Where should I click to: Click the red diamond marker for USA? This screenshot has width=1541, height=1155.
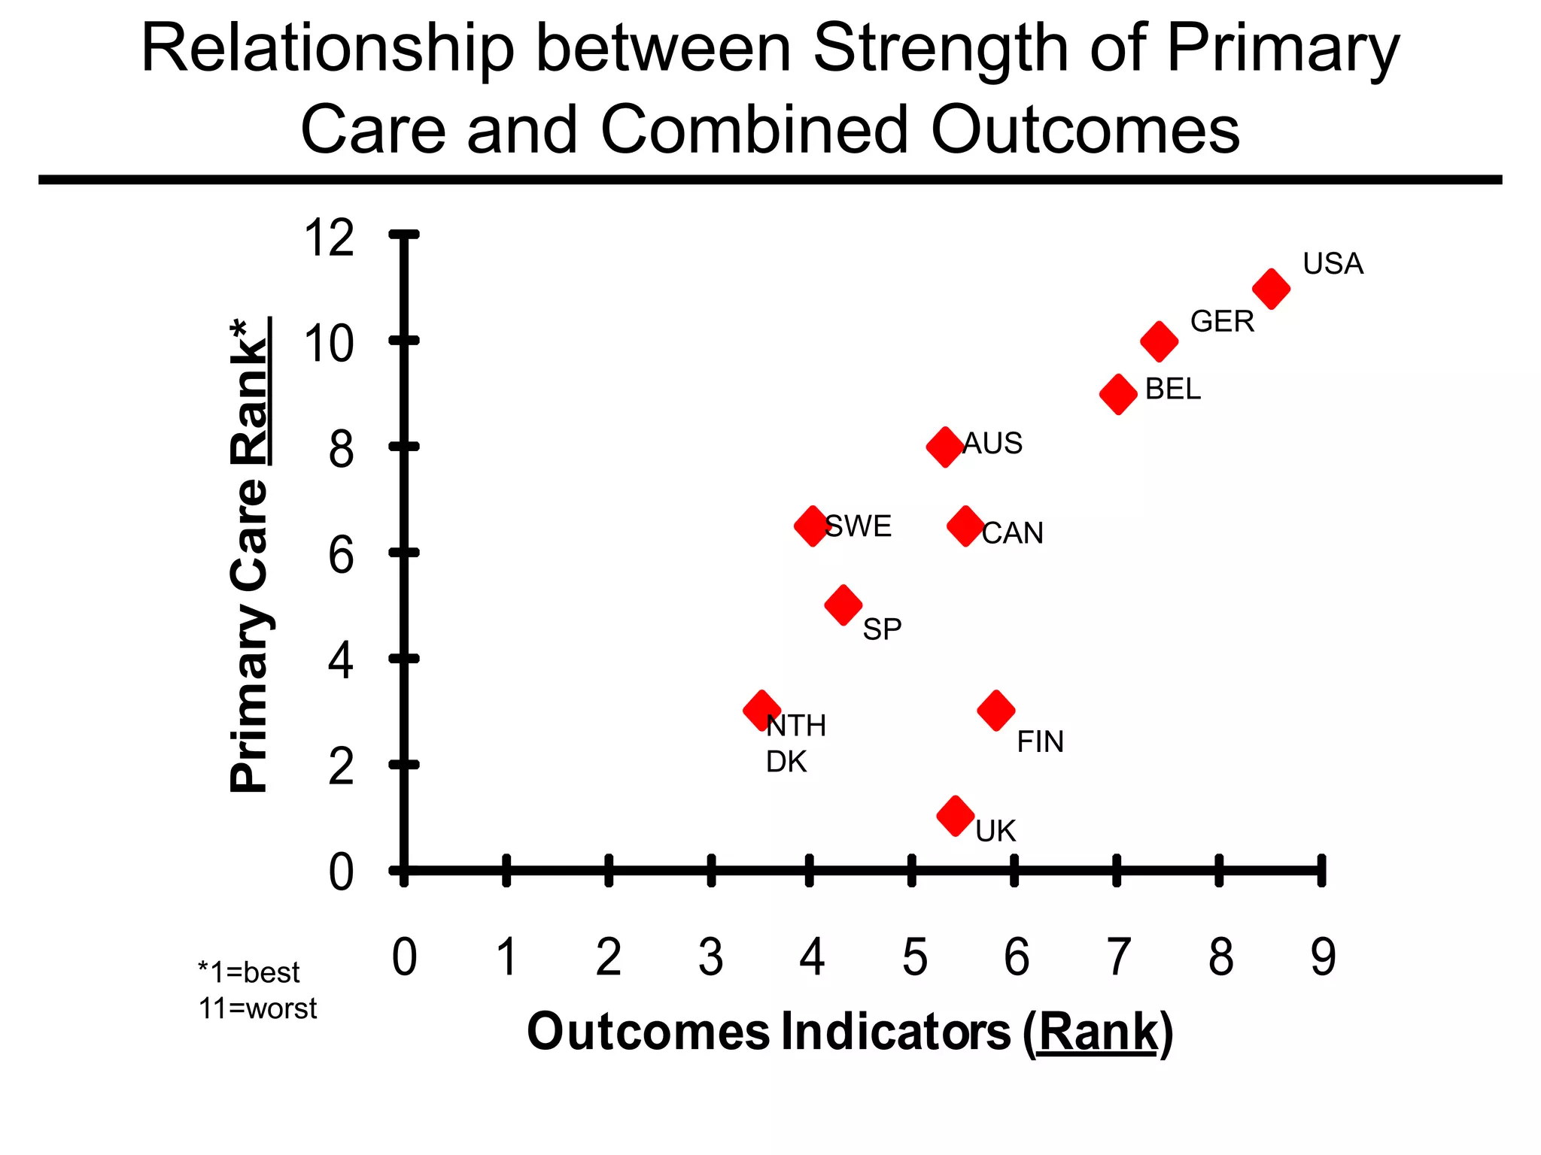pos(1271,289)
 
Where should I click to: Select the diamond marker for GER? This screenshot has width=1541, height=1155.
pos(1159,341)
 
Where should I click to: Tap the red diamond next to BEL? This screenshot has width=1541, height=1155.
pos(1118,394)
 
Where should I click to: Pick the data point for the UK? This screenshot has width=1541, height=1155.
pos(956,816)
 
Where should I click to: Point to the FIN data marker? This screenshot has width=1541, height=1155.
pos(996,710)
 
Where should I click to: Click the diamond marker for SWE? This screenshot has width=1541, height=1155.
pos(812,526)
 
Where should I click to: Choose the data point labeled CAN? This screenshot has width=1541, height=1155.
pos(965,526)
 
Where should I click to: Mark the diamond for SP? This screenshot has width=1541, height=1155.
pos(843,605)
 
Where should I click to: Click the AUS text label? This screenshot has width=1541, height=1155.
pos(992,444)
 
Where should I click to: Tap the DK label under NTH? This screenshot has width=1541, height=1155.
pos(786,762)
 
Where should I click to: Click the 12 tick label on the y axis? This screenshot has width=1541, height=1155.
pos(328,238)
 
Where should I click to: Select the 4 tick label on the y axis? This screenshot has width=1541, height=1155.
pos(341,662)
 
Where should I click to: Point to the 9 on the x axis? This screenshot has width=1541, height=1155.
pos(1323,958)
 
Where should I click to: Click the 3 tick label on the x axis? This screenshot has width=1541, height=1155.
pos(710,958)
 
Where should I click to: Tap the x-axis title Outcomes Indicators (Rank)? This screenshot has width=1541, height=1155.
pos(850,1032)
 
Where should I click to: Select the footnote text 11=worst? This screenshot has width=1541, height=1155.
pos(257,1008)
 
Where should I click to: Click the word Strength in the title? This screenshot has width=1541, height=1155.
pos(941,50)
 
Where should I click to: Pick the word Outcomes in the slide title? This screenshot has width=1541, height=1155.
pos(1084,129)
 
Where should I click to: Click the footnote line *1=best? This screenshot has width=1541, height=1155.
pos(248,972)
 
